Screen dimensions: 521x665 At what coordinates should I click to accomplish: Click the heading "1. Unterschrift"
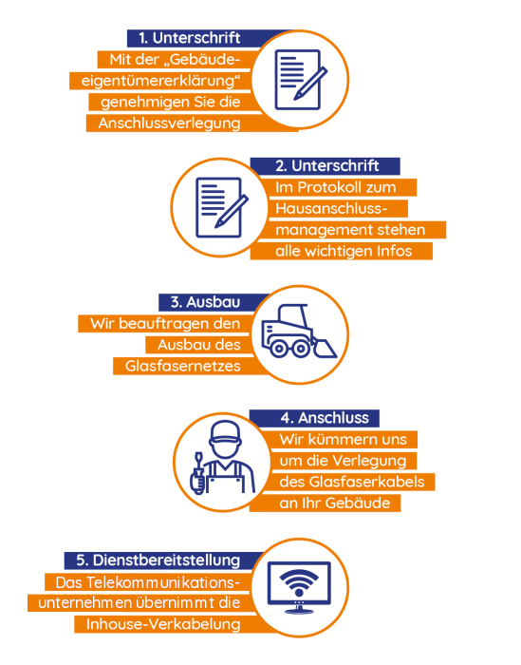tap(190, 38)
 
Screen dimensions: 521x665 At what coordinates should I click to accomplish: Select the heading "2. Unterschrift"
tap(327, 166)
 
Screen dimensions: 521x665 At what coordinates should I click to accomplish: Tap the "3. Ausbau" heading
tap(205, 302)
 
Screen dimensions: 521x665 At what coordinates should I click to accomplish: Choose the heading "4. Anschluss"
tap(325, 418)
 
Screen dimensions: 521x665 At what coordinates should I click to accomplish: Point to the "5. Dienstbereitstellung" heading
tap(158, 560)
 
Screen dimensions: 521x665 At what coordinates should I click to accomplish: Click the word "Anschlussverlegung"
tap(170, 123)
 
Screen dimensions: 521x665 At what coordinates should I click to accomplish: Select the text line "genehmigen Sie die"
tap(170, 103)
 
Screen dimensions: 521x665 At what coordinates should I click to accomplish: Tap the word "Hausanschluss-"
tap(331, 209)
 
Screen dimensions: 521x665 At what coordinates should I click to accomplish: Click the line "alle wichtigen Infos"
tap(344, 251)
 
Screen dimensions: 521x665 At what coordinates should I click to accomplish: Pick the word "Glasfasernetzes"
tap(182, 366)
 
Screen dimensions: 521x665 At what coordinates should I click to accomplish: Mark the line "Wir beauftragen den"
tap(165, 324)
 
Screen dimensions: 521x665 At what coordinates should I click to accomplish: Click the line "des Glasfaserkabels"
tap(351, 482)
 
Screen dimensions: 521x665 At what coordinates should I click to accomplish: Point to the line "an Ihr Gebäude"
tap(335, 503)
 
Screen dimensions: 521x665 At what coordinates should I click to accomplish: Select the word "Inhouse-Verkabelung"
tap(163, 624)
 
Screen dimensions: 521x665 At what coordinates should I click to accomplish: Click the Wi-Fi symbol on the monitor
tap(299, 581)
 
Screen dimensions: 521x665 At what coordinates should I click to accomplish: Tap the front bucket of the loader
tap(324, 349)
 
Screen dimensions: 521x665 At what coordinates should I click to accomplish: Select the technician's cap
tap(225, 432)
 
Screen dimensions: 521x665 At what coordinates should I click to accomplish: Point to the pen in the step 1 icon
tap(310, 84)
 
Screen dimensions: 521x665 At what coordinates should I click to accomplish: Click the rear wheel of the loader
tap(279, 349)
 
